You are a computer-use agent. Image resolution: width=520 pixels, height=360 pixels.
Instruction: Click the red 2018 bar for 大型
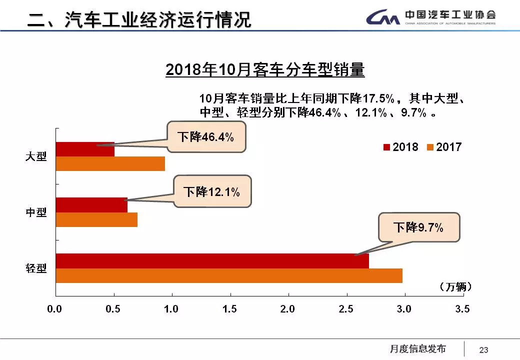85,149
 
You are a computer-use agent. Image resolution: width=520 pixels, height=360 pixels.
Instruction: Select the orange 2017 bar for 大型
110,163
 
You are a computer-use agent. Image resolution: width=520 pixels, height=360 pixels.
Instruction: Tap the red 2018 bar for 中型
91,205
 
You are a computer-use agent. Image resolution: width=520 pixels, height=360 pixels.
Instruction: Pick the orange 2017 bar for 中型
96,220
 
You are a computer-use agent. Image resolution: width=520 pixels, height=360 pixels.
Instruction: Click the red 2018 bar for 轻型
212,261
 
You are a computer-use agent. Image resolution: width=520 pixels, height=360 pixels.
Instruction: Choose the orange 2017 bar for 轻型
229,275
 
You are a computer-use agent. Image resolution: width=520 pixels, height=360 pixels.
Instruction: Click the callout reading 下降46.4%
206,136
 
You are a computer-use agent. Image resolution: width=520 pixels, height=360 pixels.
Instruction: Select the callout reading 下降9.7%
418,227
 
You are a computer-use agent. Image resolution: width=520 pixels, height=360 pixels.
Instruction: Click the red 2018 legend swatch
386,147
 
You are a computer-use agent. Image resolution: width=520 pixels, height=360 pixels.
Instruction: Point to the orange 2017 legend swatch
429,147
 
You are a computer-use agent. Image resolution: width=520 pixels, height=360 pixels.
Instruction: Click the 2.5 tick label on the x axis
346,309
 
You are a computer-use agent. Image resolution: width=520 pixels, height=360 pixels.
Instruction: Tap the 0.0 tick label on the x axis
54,309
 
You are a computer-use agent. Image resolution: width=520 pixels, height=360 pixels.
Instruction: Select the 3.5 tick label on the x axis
462,309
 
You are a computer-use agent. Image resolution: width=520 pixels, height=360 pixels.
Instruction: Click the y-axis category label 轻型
36,268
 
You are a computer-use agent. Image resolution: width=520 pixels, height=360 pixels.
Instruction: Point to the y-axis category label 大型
36,156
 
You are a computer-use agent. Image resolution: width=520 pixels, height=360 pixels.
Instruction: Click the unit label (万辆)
455,287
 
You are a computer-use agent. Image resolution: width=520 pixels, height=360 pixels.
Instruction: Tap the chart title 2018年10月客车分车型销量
265,70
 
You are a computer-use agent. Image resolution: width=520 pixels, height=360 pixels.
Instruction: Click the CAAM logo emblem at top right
383,18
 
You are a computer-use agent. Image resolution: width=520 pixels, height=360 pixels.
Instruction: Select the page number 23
483,349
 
